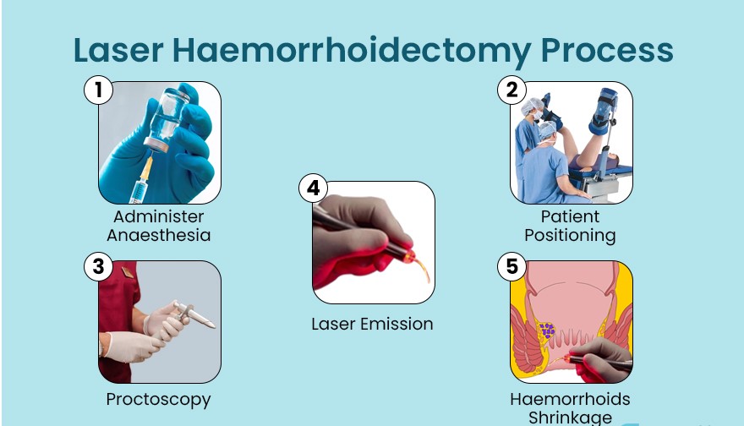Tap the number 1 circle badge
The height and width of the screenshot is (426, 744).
pyautogui.click(x=98, y=90)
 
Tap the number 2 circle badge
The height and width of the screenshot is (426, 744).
pyautogui.click(x=511, y=90)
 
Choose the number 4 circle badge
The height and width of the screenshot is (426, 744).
pyautogui.click(x=313, y=188)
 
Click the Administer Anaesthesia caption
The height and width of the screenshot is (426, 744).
pyautogui.click(x=158, y=226)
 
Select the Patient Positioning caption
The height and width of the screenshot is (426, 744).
pyautogui.click(x=570, y=226)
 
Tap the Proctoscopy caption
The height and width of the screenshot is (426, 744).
pyautogui.click(x=158, y=399)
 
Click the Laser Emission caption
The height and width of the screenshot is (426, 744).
pyautogui.click(x=372, y=324)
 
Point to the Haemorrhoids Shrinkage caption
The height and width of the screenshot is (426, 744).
pyautogui.click(x=570, y=407)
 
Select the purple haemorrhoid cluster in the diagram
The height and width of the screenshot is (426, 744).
pyautogui.click(x=547, y=330)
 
